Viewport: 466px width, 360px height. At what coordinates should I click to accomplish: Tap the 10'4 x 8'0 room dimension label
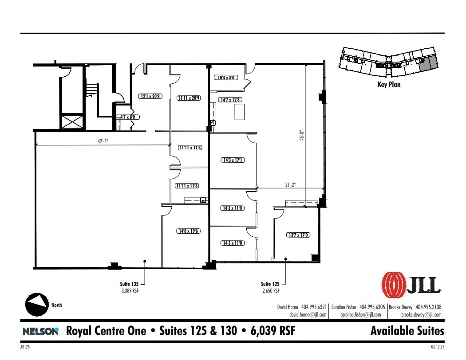click(x=228, y=78)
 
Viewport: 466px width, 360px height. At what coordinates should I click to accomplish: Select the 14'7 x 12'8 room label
click(x=230, y=100)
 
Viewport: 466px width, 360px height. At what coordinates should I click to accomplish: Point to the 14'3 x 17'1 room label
click(x=233, y=160)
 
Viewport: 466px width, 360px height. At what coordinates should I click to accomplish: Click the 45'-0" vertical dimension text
click(x=302, y=135)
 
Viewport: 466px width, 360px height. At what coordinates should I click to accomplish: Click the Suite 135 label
click(x=131, y=284)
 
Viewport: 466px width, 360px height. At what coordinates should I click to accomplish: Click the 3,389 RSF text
click(x=131, y=291)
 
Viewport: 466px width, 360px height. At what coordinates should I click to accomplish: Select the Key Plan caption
click(x=388, y=84)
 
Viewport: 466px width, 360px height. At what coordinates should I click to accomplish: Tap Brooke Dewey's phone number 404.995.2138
click(x=428, y=307)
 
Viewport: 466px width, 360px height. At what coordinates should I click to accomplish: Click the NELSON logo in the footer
click(x=40, y=331)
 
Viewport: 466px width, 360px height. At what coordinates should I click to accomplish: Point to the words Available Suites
click(x=407, y=331)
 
